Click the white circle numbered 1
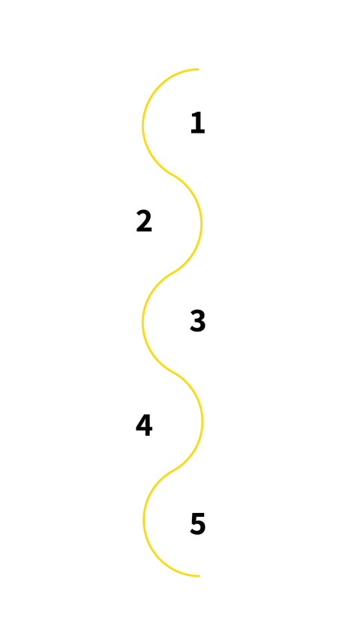(197, 123)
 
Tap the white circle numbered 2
(144, 221)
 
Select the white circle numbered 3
(197, 321)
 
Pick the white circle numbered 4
(144, 425)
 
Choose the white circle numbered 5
(197, 523)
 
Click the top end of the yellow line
(201, 69)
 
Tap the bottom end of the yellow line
(201, 576)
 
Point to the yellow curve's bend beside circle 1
(142, 123)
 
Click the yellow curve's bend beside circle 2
(201, 222)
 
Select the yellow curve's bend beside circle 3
(142, 321)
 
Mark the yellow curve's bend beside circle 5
(143, 523)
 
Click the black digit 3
(197, 321)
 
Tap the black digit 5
(197, 523)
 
